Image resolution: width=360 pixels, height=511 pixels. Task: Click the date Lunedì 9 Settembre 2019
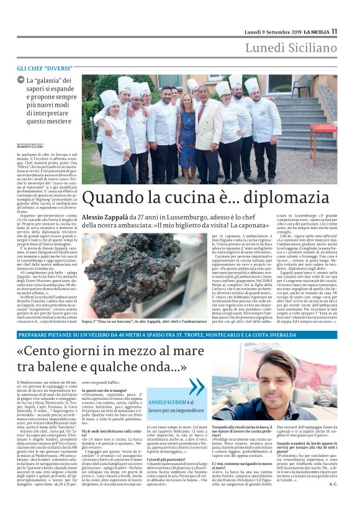click(272, 31)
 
